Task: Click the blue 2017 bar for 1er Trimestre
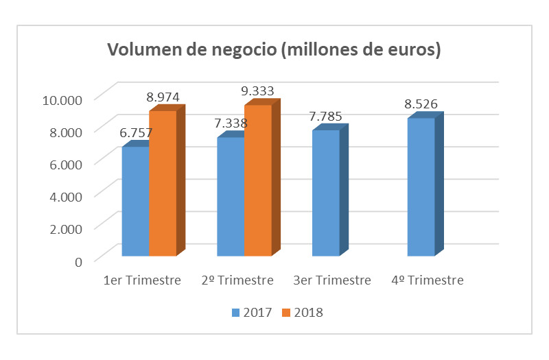click(x=135, y=202)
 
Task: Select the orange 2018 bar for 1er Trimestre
click(x=163, y=183)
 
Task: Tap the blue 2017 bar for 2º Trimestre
click(x=231, y=197)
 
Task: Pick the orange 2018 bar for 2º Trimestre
click(x=258, y=180)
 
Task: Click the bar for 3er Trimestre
click(x=326, y=193)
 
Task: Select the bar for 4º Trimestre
click(x=421, y=187)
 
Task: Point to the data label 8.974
click(x=163, y=97)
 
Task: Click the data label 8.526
click(x=421, y=104)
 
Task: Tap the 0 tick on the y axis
click(x=78, y=261)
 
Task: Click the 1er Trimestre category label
click(x=142, y=280)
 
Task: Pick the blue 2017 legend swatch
click(x=235, y=313)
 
